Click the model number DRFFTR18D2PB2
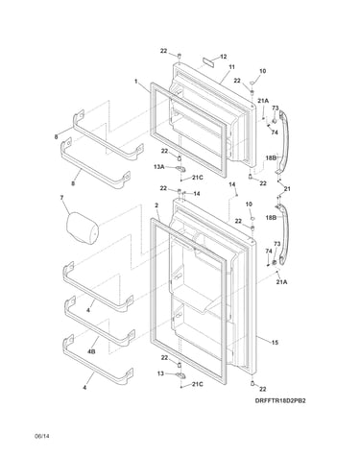click(x=280, y=400)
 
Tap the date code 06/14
click(x=42, y=436)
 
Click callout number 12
click(x=224, y=57)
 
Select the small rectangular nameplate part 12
click(x=208, y=60)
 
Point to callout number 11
click(x=231, y=67)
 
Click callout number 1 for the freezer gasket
click(x=135, y=82)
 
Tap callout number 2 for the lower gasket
click(x=156, y=205)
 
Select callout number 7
click(x=61, y=198)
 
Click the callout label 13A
click(x=159, y=167)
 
